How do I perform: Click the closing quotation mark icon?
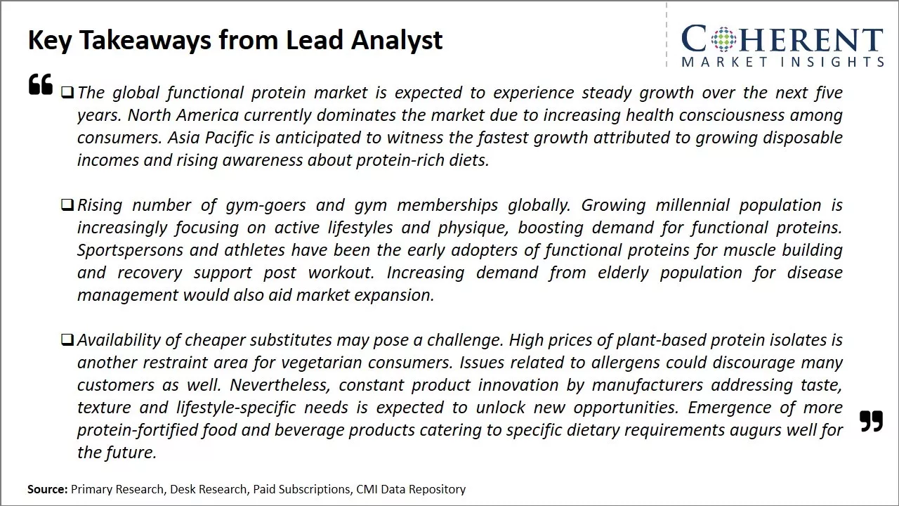[x=871, y=421]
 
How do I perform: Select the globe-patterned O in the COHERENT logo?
[x=723, y=39]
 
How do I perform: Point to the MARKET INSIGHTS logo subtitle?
[x=782, y=62]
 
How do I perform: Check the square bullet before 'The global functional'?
[x=67, y=93]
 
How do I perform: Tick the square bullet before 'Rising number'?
[x=67, y=205]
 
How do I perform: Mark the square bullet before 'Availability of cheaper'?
[x=67, y=340]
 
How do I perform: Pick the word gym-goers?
[x=265, y=205]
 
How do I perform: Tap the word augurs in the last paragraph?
[x=753, y=430]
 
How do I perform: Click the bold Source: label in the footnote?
[x=48, y=489]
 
